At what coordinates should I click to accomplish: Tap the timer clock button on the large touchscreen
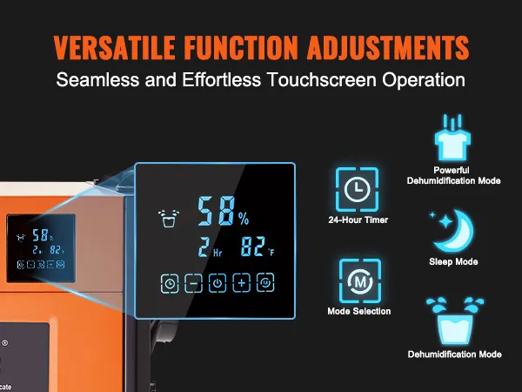click(x=169, y=282)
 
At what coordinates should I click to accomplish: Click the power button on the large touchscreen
click(x=217, y=282)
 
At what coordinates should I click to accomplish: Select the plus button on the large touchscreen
click(x=241, y=282)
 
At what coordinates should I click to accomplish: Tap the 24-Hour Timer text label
click(x=358, y=220)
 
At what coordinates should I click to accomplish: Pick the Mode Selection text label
click(x=358, y=311)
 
